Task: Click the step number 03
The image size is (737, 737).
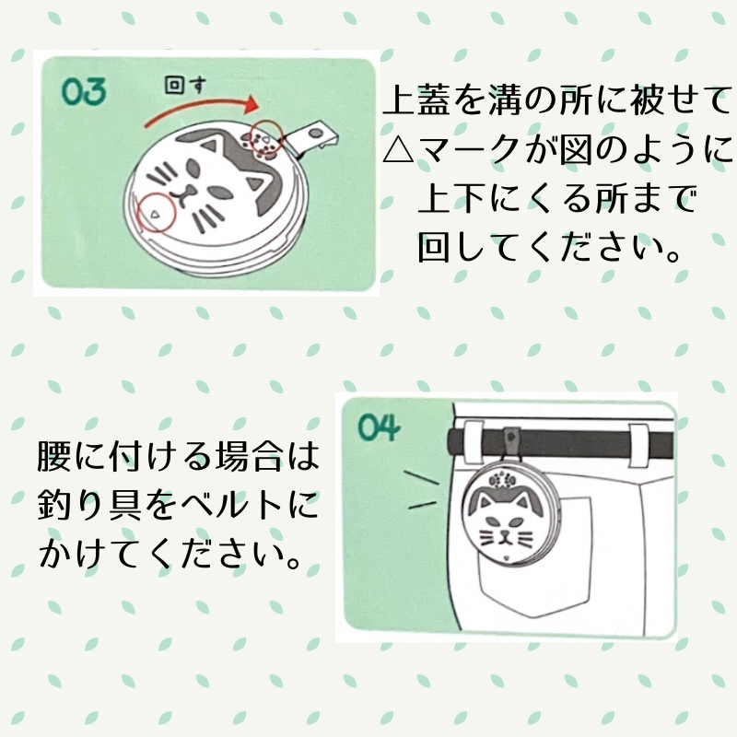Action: pos(84,91)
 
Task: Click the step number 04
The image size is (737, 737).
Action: pos(379,427)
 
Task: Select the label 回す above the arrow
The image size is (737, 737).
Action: pos(185,85)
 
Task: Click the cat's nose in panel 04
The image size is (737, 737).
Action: pos(505,533)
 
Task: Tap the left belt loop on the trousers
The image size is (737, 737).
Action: pos(473,442)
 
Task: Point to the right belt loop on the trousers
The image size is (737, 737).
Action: pos(638,445)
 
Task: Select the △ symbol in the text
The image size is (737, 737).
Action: pos(398,149)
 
